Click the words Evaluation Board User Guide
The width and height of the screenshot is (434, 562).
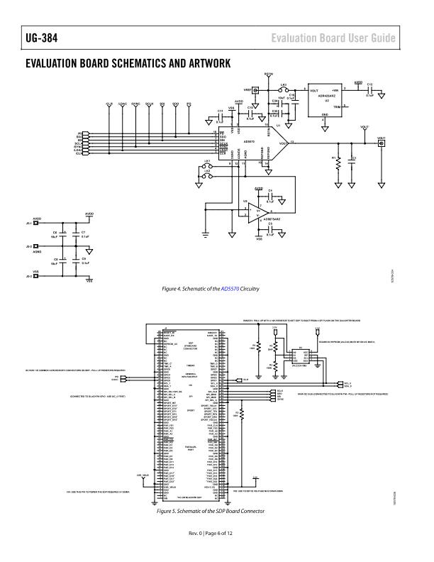[x=332, y=37]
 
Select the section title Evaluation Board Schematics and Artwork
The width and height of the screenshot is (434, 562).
[x=128, y=64]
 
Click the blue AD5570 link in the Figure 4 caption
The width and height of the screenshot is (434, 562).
[x=230, y=289]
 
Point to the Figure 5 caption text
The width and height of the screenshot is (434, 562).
[x=214, y=512]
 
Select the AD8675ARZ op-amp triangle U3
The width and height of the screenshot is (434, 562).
[x=257, y=211]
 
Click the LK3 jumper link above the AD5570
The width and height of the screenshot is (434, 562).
[x=284, y=91]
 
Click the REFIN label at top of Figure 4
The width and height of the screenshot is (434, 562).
[x=269, y=74]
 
